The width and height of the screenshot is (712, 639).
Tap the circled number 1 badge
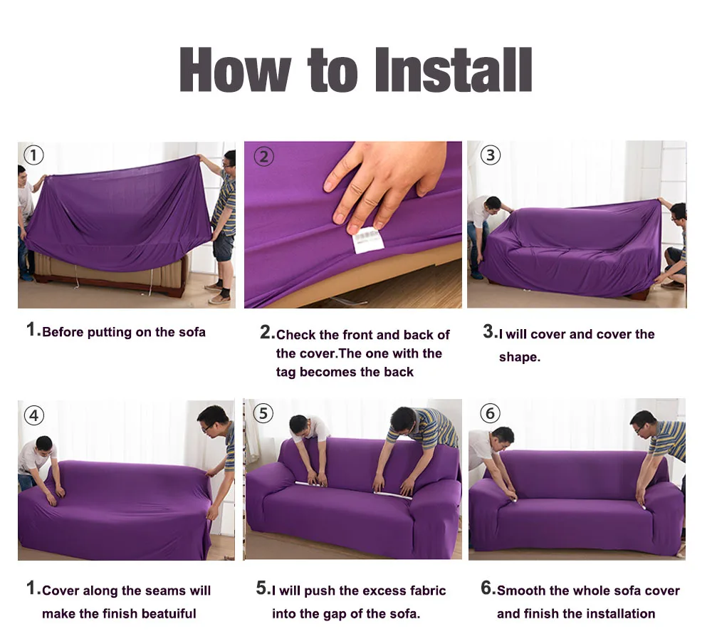pos(33,155)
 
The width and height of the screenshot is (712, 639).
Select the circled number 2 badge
pos(264,156)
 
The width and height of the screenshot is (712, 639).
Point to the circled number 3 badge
pos(490,155)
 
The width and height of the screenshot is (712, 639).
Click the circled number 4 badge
pos(33,415)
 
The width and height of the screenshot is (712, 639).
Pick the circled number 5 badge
pos(263,413)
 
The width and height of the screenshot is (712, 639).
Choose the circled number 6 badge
pos(490,413)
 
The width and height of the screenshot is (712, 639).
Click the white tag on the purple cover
pos(367,239)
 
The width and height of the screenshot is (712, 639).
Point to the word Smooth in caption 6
pos(522,591)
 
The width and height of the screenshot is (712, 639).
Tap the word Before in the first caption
pos(62,332)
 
